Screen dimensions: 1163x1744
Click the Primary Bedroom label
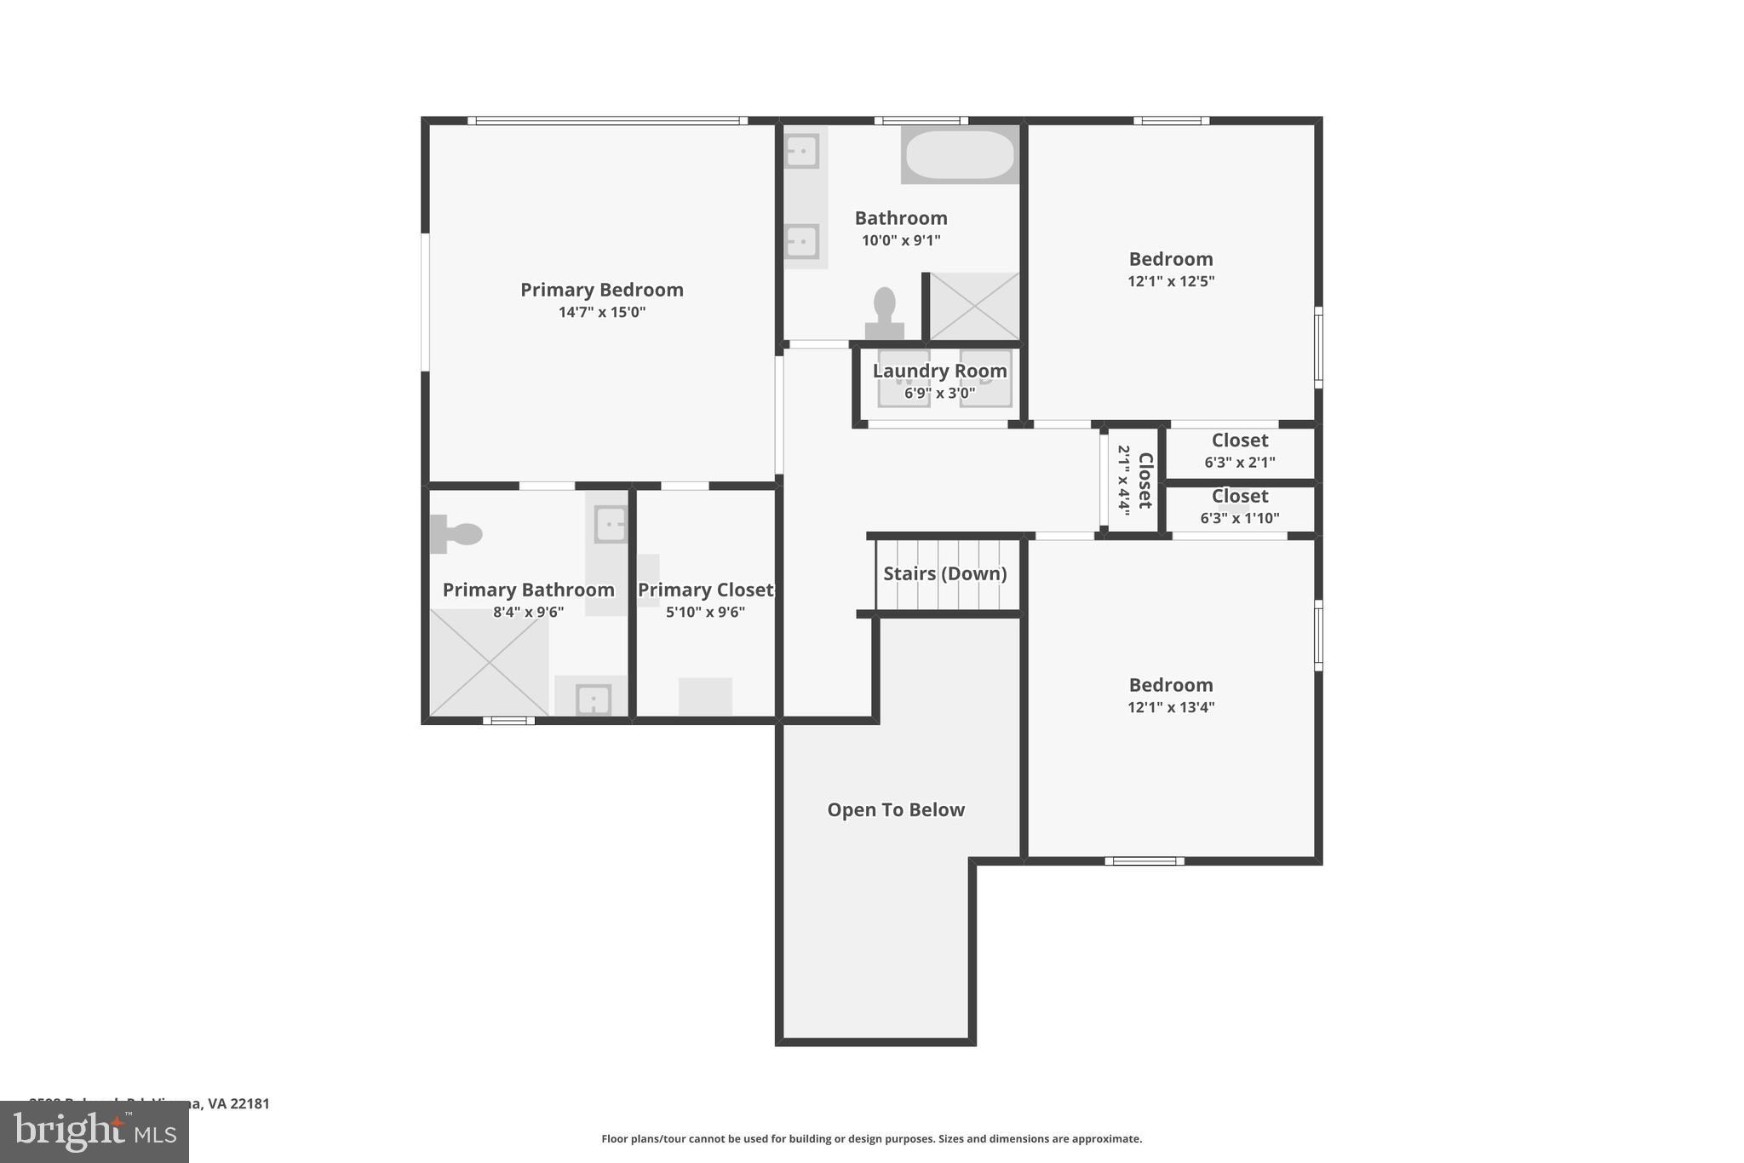click(601, 290)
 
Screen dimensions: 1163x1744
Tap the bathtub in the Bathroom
click(960, 154)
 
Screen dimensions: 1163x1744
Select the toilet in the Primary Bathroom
click(458, 534)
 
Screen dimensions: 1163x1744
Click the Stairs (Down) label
click(944, 573)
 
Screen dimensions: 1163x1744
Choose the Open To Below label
click(896, 809)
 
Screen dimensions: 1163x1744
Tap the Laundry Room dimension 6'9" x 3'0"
click(939, 394)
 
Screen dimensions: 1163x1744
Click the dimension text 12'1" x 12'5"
click(1171, 281)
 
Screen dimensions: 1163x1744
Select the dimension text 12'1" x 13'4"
click(1171, 707)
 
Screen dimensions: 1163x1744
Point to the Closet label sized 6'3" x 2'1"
click(1240, 440)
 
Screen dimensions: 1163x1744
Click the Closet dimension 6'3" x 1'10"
click(1240, 518)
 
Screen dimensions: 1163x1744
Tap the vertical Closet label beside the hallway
click(1145, 481)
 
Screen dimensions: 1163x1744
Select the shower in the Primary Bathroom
click(489, 663)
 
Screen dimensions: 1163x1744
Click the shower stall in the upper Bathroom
click(973, 306)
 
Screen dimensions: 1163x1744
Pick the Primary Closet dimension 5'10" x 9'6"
click(705, 612)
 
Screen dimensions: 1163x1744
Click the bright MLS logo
click(95, 1132)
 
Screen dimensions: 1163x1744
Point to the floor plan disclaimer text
click(871, 1139)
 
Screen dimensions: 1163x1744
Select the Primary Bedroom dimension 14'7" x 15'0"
click(601, 312)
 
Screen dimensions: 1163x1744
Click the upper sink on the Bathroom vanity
click(801, 152)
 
